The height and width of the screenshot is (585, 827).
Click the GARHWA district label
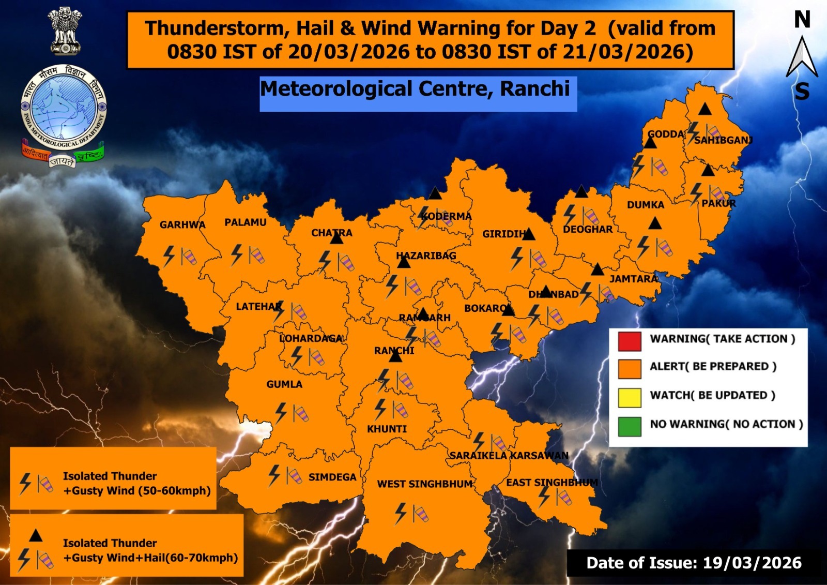(x=182, y=225)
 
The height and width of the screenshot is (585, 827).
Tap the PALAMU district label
(x=246, y=222)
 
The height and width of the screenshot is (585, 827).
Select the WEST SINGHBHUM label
(x=425, y=484)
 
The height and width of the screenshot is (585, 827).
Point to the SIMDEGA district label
(x=332, y=477)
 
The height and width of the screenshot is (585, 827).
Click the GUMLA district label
(x=284, y=384)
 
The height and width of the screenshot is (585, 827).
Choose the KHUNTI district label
(x=387, y=429)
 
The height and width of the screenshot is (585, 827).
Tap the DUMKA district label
(x=645, y=205)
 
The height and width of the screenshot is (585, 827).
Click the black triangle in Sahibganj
(x=705, y=109)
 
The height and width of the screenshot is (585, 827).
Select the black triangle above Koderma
(x=435, y=194)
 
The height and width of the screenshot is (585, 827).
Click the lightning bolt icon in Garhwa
(x=169, y=256)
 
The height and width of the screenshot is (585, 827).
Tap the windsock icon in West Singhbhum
(x=420, y=514)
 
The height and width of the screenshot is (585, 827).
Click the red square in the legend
(x=629, y=341)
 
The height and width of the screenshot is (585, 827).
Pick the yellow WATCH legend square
(x=629, y=397)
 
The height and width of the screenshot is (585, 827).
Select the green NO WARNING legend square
(x=629, y=426)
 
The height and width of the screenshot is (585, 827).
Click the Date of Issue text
(x=694, y=563)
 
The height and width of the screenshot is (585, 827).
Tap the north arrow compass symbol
(x=801, y=57)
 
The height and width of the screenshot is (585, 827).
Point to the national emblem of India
(x=65, y=31)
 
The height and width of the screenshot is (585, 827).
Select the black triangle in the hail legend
(x=36, y=535)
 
